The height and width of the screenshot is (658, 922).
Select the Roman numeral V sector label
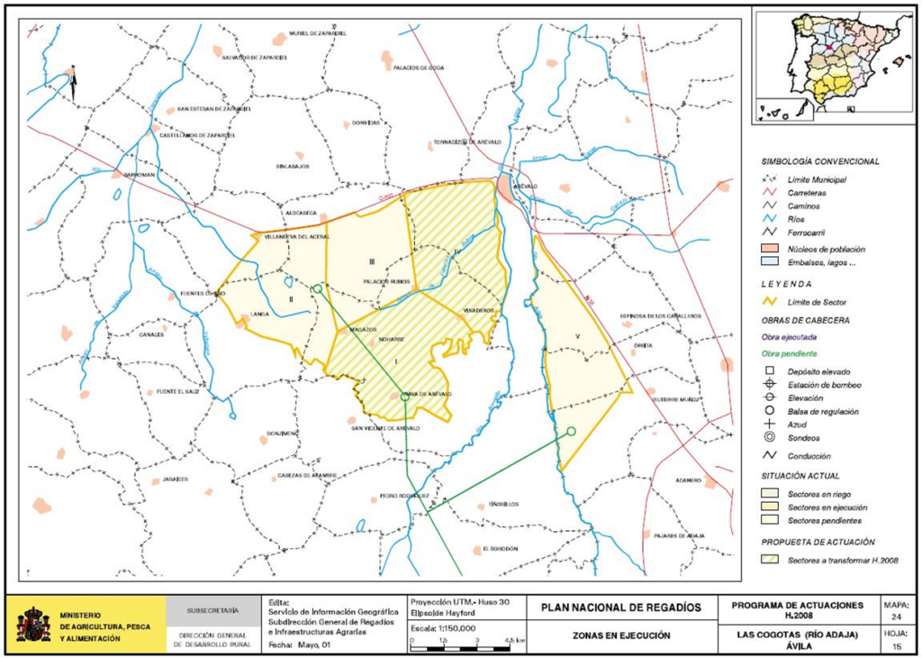coord(576,338)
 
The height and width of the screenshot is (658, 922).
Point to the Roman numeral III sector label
coord(371,261)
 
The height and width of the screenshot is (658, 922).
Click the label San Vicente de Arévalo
coord(385,427)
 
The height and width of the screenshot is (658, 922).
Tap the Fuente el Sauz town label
coord(176,392)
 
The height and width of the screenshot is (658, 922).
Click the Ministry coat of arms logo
coord(32,624)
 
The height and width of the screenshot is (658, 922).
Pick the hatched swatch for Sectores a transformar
coord(770,560)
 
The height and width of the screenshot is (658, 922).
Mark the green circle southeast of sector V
coord(570,432)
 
